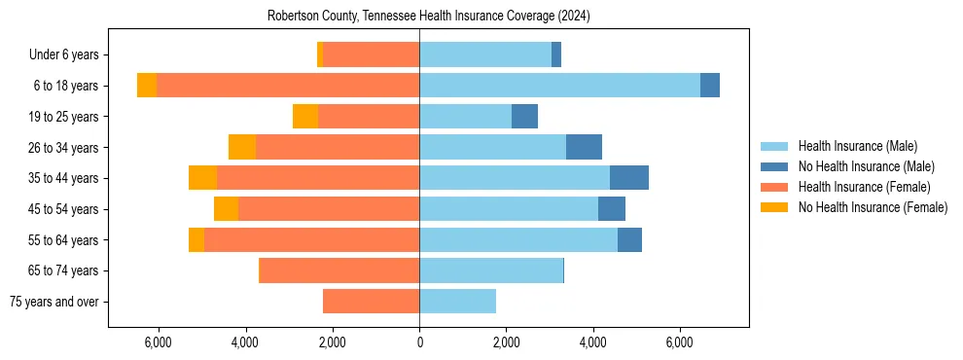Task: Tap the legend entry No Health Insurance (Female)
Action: pyautogui.click(x=873, y=207)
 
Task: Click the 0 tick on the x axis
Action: pyautogui.click(x=419, y=342)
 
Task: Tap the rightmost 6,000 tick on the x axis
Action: pyautogui.click(x=680, y=342)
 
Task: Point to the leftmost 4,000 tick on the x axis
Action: pyautogui.click(x=245, y=342)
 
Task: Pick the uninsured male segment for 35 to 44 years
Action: pyautogui.click(x=629, y=178)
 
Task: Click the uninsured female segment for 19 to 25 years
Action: pyautogui.click(x=305, y=117)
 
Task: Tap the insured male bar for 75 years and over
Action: pyautogui.click(x=457, y=302)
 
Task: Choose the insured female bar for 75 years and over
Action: pyautogui.click(x=371, y=302)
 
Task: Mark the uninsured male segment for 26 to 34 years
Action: pyautogui.click(x=584, y=147)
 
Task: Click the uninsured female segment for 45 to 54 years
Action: pyautogui.click(x=226, y=209)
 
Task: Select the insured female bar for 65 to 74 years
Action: pyautogui.click(x=339, y=270)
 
